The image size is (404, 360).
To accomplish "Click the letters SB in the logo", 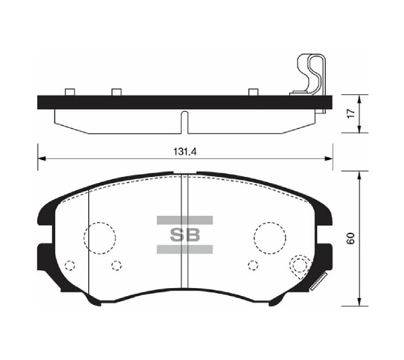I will pos(184,235).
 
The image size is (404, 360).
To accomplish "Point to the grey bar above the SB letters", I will pos(184,220).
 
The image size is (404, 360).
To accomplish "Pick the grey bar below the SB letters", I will pos(184,250).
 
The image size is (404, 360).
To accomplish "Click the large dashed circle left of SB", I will pos(99,236).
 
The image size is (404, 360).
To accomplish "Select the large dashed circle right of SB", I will pos(270,236).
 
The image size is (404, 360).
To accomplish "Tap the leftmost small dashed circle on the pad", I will pos(71,264).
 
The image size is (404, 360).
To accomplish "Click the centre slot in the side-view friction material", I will pos(184,122).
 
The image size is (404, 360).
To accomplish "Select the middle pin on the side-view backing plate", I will pos(116,92).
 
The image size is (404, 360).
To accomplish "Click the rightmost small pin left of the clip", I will pos(254,92).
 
